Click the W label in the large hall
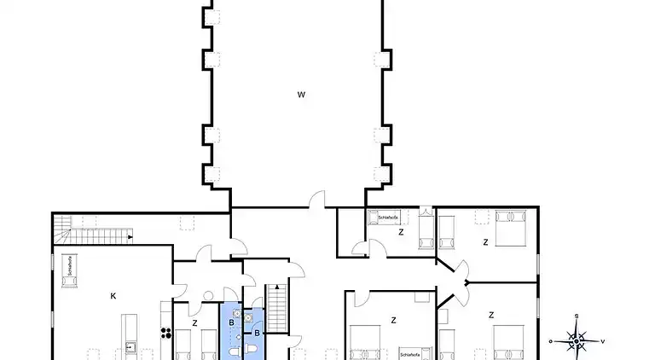click(x=301, y=95)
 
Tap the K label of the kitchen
click(x=113, y=296)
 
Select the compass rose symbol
click(x=577, y=340)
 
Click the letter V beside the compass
click(x=603, y=341)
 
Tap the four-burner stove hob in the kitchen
click(x=164, y=332)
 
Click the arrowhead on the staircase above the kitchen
click(x=130, y=236)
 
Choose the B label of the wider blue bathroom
click(x=231, y=322)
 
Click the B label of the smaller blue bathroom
click(x=256, y=333)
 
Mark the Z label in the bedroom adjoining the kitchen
click(x=195, y=322)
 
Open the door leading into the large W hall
click(x=316, y=200)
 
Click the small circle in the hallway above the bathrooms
click(x=207, y=295)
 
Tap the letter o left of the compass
click(x=551, y=341)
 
